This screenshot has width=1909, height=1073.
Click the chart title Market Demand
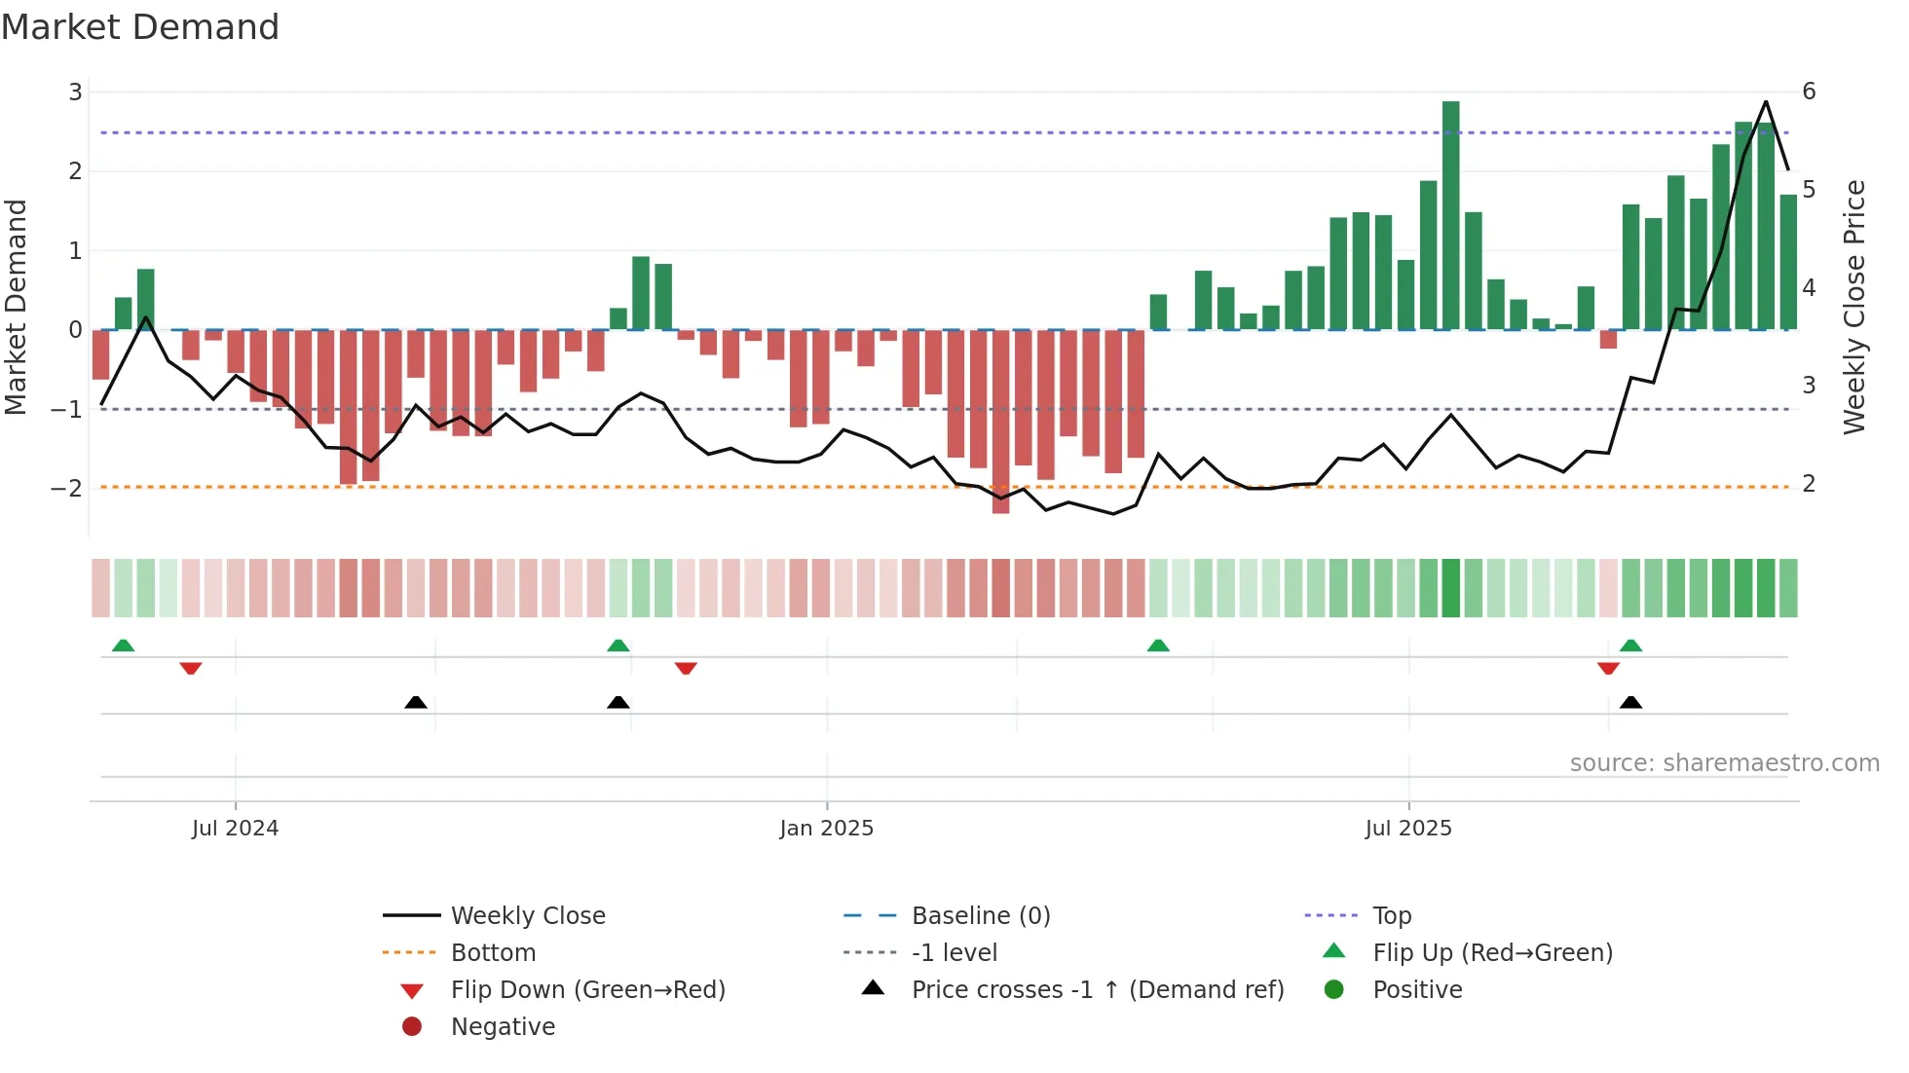coord(140,27)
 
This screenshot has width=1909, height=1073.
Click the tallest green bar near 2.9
coord(1450,214)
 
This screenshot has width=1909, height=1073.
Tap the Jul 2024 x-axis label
coord(235,829)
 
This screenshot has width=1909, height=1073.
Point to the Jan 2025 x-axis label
coord(826,829)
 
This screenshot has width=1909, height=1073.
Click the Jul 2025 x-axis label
coord(1407,829)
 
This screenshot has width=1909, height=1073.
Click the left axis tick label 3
coord(75,92)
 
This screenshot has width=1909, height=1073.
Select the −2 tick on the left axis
coord(66,488)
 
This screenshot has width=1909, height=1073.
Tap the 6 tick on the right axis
coord(1809,92)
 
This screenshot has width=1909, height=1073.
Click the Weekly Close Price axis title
coord(1854,307)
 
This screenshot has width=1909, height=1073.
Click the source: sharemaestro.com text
coord(1724,763)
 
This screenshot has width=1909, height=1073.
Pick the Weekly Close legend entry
coord(527,916)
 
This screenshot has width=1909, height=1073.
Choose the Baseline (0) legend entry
coord(980,916)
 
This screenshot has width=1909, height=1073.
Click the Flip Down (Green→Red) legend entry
coord(587,990)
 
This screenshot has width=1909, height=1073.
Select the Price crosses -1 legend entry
coord(1097,990)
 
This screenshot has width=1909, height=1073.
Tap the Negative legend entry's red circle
coord(412,1027)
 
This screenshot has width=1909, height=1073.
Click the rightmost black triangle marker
coord(1630,702)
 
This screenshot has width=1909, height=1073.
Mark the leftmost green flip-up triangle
coord(123,646)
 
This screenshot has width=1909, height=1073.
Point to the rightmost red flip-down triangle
coord(1608,668)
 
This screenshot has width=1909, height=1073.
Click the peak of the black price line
coord(1765,102)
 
